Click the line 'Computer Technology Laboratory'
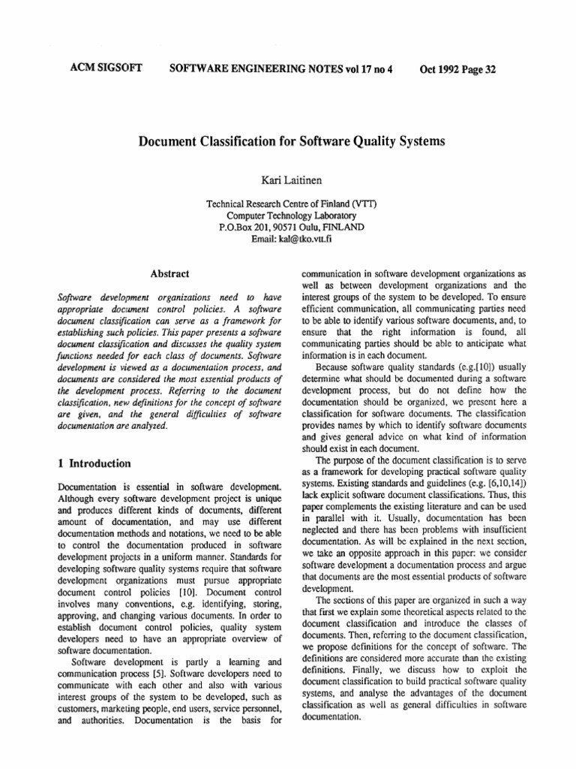tap(288, 216)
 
